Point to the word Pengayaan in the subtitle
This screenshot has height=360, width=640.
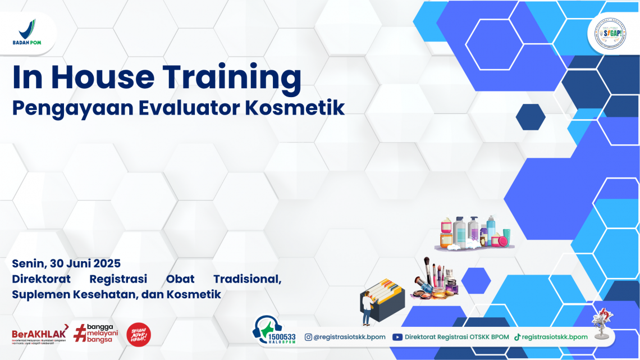click(63, 108)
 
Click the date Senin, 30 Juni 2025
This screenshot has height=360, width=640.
click(66, 263)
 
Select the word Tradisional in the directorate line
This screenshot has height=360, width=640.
click(247, 279)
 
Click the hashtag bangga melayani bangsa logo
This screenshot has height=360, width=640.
click(94, 333)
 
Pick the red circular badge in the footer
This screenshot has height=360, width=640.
click(139, 334)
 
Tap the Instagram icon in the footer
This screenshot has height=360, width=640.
click(308, 337)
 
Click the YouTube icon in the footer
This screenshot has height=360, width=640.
click(397, 337)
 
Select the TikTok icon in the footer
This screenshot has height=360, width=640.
click(517, 337)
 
